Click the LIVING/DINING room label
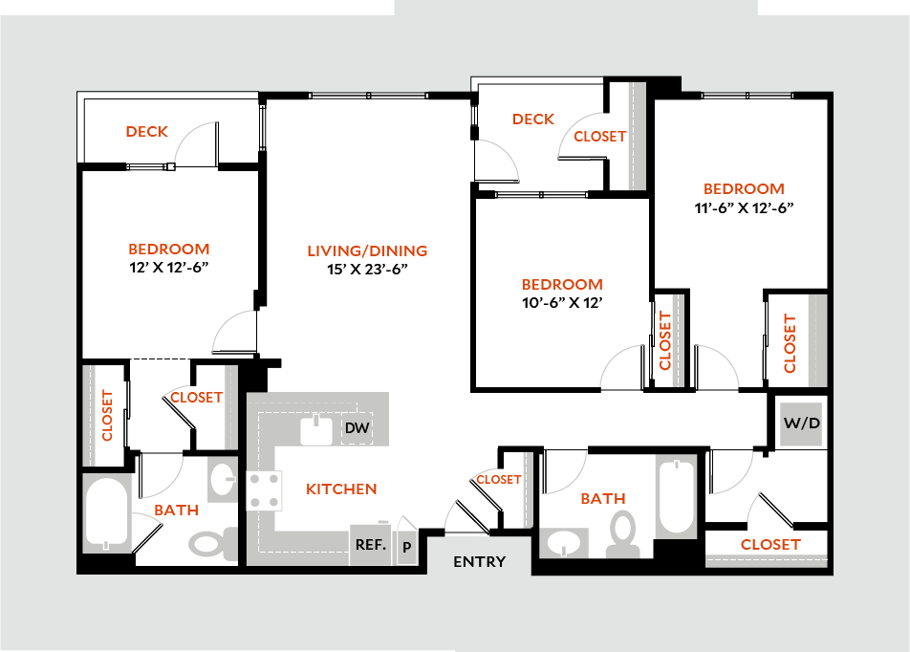(x=367, y=251)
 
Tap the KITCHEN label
(x=341, y=489)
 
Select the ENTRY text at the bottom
(x=479, y=562)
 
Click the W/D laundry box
(x=801, y=423)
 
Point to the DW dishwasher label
(x=357, y=428)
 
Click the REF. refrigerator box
(x=370, y=545)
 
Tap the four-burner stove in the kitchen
(x=265, y=490)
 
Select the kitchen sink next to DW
(x=315, y=430)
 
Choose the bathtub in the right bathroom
(x=677, y=497)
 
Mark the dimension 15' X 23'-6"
(x=367, y=270)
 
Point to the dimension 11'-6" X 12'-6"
(x=745, y=207)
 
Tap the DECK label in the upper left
(x=146, y=132)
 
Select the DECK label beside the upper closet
(x=532, y=120)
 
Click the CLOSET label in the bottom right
(x=770, y=544)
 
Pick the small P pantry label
(x=406, y=547)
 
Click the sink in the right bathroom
(x=564, y=543)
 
